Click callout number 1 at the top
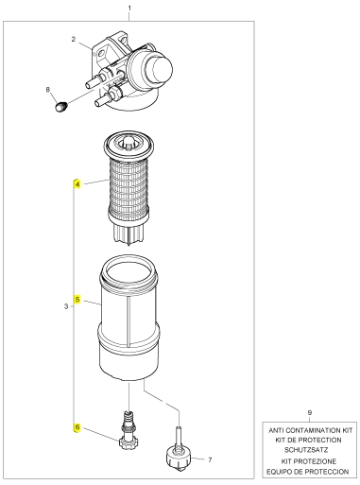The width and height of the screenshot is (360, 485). [x=129, y=9]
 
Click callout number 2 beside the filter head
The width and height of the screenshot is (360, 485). [x=74, y=40]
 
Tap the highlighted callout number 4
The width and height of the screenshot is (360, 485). [x=77, y=183]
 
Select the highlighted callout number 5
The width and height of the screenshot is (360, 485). [x=77, y=300]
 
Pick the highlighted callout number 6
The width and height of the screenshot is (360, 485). [x=77, y=427]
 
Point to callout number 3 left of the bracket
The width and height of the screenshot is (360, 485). [x=66, y=306]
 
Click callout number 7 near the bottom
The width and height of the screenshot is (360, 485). [x=210, y=459]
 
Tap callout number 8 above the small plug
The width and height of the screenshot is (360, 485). [x=48, y=90]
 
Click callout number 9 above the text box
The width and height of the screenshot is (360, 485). [x=310, y=412]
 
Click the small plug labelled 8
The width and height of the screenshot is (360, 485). [x=61, y=106]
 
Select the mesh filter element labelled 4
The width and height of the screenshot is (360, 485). [x=129, y=188]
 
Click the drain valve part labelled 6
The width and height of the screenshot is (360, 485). [x=129, y=431]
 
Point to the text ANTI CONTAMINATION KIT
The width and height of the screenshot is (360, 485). [x=310, y=430]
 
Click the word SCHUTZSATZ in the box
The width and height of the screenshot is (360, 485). [x=306, y=450]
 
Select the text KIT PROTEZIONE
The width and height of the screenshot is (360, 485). [x=309, y=461]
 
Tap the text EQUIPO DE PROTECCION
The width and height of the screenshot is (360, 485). [x=308, y=472]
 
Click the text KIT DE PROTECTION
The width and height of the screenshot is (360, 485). [x=308, y=440]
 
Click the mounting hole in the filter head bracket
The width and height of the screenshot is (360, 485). [x=100, y=54]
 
